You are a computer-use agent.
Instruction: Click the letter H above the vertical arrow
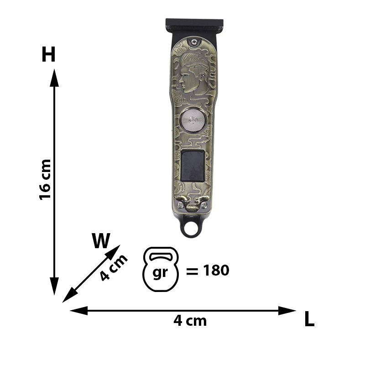click(48, 54)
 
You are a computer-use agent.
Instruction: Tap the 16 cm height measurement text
click(45, 179)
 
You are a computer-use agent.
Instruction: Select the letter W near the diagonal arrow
click(101, 241)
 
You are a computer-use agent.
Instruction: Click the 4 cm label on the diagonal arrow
click(114, 268)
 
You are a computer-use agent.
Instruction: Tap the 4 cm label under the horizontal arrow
click(190, 321)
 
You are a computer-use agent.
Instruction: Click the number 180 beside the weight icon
click(216, 270)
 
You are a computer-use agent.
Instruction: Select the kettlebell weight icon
click(161, 269)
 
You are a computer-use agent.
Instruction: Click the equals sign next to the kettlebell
click(192, 271)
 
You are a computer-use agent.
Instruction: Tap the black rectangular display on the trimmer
click(193, 166)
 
